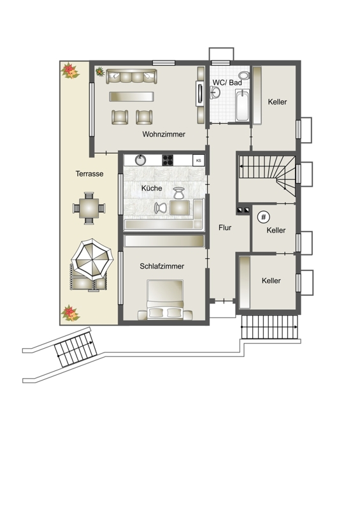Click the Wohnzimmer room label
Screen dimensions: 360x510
tap(164, 134)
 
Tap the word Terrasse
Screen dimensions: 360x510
tap(89, 173)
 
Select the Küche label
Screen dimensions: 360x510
tap(152, 188)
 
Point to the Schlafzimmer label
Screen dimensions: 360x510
tap(162, 266)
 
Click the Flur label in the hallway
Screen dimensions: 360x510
tap(225, 228)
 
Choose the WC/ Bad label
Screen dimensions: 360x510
tap(227, 83)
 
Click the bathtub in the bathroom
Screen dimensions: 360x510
tap(242, 106)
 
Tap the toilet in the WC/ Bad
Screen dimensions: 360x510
tap(244, 75)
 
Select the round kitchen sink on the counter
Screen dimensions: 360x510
tap(140, 160)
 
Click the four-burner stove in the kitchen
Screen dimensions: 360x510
tap(168, 160)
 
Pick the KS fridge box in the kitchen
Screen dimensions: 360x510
tap(198, 161)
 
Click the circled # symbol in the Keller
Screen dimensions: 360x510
tap(263, 217)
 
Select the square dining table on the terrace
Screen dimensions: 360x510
tap(89, 208)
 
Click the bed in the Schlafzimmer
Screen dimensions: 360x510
tap(165, 299)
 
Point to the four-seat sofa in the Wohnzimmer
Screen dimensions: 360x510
tap(132, 76)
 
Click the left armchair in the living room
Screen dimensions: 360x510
tap(120, 117)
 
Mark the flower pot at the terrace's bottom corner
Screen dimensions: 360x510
tap(70, 313)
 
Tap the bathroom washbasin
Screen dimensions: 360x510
tap(215, 92)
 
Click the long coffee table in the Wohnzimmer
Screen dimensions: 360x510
tap(131, 97)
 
